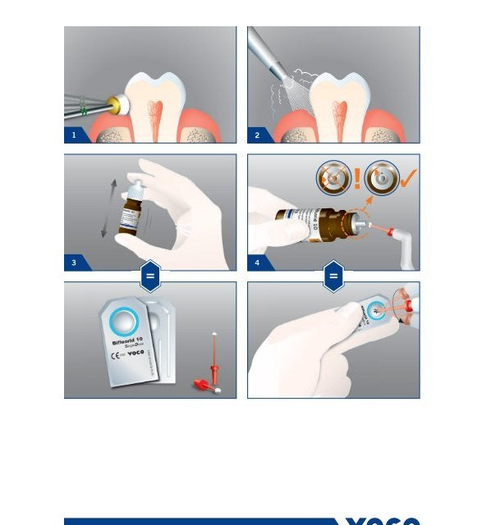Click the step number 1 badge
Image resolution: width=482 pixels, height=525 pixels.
coord(74,135)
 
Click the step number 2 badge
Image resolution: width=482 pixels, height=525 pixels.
coord(257,135)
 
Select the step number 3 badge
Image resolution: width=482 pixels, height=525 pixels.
coord(74,262)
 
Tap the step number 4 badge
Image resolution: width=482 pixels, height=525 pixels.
coord(257,262)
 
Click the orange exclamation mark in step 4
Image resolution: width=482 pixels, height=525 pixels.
coord(358,178)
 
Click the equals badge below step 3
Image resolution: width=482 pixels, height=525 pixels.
coord(149,276)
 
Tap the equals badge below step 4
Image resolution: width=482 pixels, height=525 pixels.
coord(333,276)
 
